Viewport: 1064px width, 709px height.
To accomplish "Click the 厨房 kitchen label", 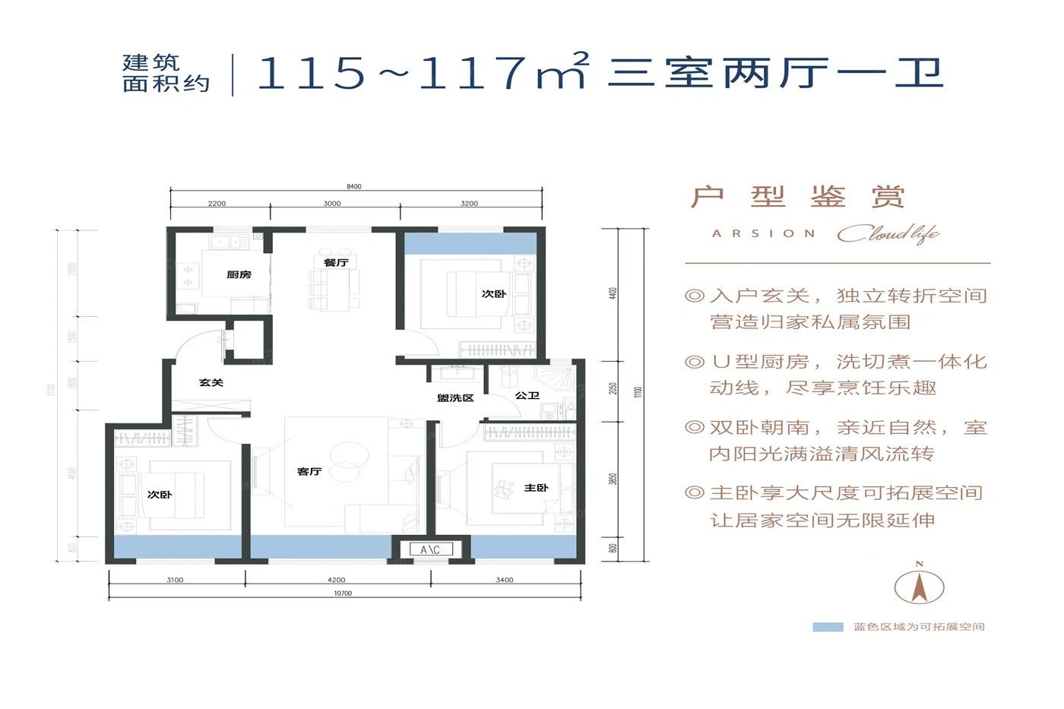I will click(x=239, y=274).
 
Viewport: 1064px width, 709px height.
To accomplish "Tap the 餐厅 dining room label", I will click(x=336, y=262).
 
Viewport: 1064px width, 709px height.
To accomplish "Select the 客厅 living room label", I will click(x=309, y=472).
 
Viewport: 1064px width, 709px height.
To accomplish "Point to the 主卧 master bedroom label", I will click(x=536, y=488).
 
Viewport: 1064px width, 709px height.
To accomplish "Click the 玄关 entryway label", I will click(x=211, y=382).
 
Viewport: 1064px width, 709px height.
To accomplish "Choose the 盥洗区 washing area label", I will click(x=455, y=398).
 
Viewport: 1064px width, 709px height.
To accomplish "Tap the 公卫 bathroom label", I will click(x=527, y=395).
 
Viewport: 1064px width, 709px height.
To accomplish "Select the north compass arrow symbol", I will click(x=919, y=585).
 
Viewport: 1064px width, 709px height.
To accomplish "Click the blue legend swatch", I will click(x=828, y=627).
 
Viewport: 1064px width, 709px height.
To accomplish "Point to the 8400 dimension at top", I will click(x=353, y=186).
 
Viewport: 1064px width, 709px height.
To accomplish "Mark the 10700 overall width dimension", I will click(x=343, y=593).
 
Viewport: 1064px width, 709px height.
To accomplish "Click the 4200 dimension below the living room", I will click(x=336, y=580).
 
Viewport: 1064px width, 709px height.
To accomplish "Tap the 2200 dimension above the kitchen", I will click(x=217, y=204).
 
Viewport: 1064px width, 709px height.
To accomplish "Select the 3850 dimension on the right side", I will click(x=613, y=479).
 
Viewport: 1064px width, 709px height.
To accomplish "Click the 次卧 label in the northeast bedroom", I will click(x=493, y=293).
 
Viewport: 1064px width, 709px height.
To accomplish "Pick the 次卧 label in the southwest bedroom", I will click(x=160, y=495).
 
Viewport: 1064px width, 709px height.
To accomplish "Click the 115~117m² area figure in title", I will click(x=423, y=72).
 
